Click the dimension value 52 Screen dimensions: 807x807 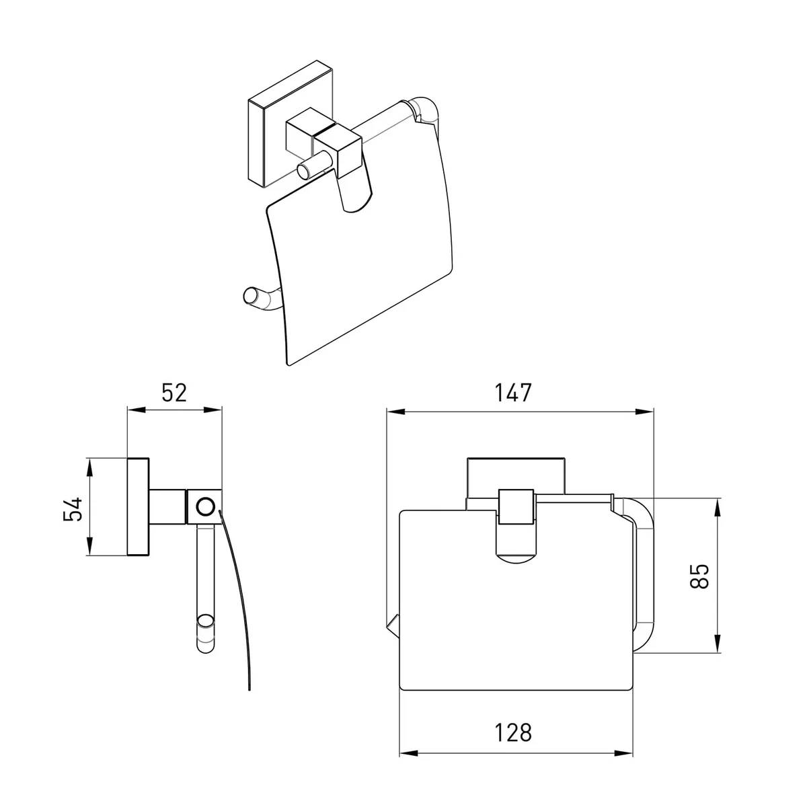pos(174,392)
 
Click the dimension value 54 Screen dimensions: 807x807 pos(73,509)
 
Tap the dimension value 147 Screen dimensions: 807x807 pos(513,392)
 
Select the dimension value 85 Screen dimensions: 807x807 pos(699,576)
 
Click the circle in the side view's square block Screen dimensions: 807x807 pos(206,507)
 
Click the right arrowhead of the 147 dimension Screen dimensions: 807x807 pos(644,412)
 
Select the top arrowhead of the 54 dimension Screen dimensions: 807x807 pos(89,469)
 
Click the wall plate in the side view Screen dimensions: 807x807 pos(138,507)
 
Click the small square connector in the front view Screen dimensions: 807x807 pos(516,507)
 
